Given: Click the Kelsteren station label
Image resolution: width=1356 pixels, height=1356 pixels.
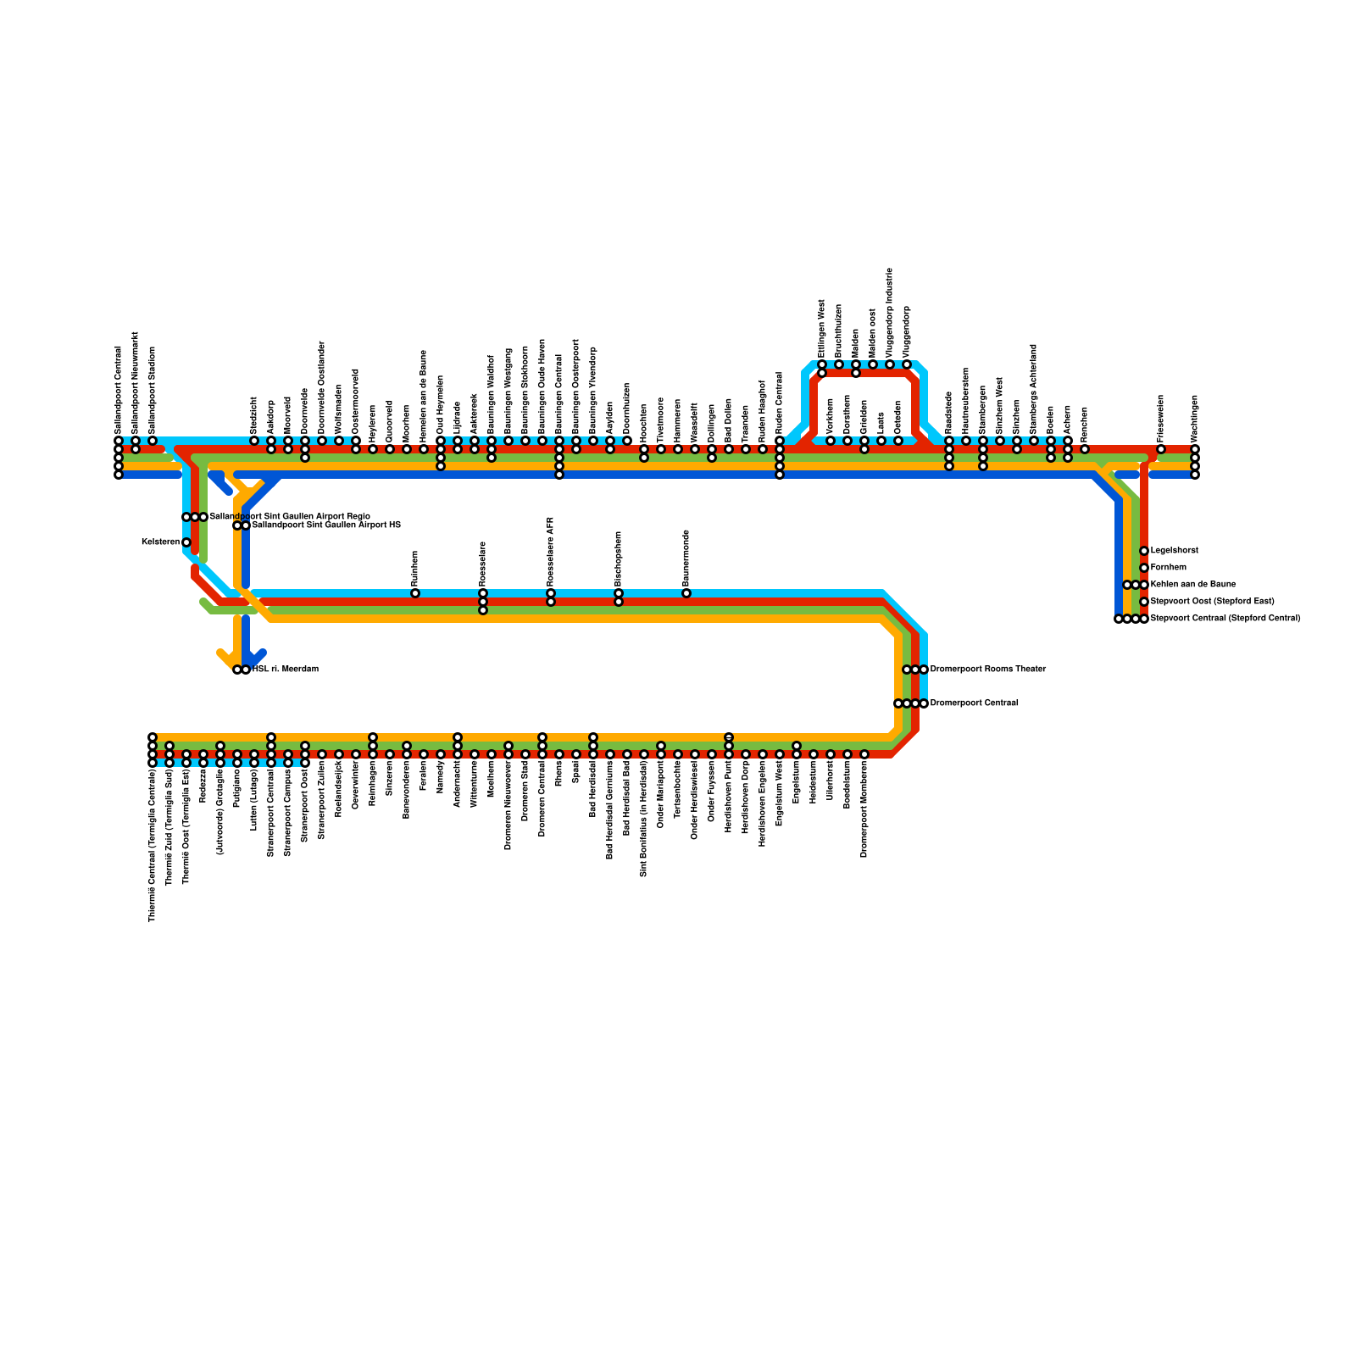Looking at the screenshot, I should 160,542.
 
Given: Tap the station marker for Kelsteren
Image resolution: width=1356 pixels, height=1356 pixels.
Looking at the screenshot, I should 186,542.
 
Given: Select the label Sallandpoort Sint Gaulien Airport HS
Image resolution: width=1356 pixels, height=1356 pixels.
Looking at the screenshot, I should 326,525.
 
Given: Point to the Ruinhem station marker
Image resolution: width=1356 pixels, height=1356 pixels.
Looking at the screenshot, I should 415,593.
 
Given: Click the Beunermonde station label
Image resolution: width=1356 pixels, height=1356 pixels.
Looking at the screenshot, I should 686,558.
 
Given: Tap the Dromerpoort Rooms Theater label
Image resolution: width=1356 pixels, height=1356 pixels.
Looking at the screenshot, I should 988,670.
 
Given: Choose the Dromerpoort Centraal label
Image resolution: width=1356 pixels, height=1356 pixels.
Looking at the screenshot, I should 974,703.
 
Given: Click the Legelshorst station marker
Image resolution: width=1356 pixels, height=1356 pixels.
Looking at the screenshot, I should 1144,551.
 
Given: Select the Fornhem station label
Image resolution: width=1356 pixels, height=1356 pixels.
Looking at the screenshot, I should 1169,568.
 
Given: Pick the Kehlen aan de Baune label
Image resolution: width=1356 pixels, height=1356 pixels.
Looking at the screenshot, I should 1192,585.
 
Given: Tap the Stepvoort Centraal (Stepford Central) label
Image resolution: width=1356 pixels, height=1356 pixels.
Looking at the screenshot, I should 1225,619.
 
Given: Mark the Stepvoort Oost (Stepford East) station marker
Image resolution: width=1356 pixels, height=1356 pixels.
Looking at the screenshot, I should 1144,602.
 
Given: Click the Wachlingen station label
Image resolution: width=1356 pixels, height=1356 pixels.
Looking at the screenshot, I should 1195,418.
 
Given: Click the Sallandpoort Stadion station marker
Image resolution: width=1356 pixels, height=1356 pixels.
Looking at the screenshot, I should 153,441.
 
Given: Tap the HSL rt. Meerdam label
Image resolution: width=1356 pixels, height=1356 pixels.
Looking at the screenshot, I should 286,670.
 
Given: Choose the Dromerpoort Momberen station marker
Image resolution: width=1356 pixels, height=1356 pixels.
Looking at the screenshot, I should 864,754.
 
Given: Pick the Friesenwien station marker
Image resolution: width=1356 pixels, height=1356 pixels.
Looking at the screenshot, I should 1161,449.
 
